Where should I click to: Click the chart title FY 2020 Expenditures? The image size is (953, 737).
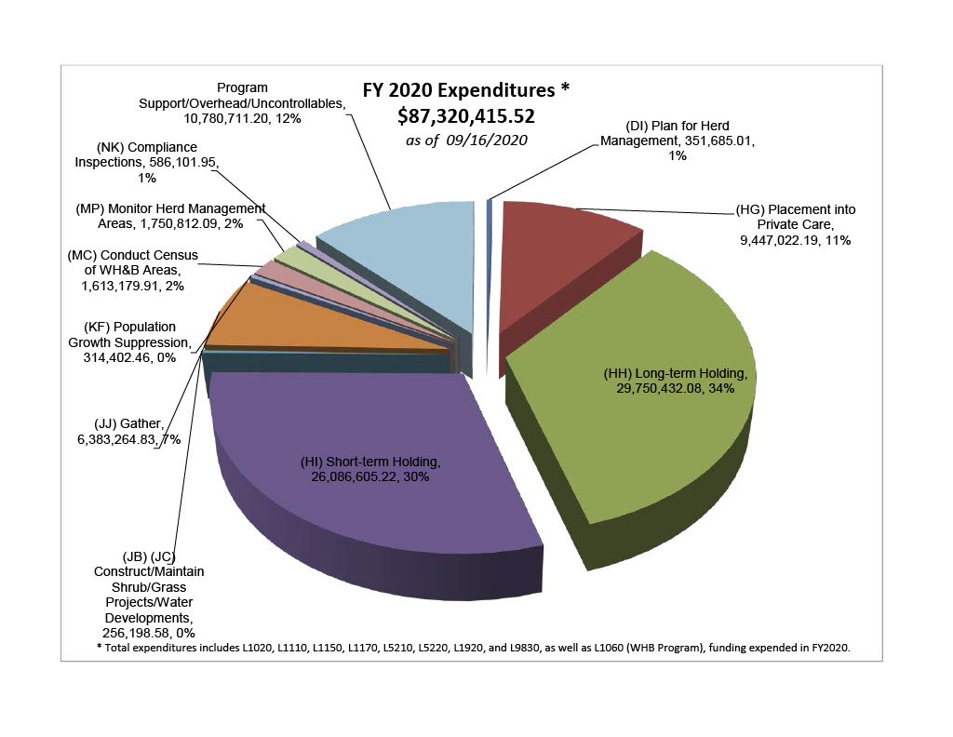tap(464, 91)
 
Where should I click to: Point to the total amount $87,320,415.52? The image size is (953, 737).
tap(466, 115)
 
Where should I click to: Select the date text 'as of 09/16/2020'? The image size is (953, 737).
tap(465, 140)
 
